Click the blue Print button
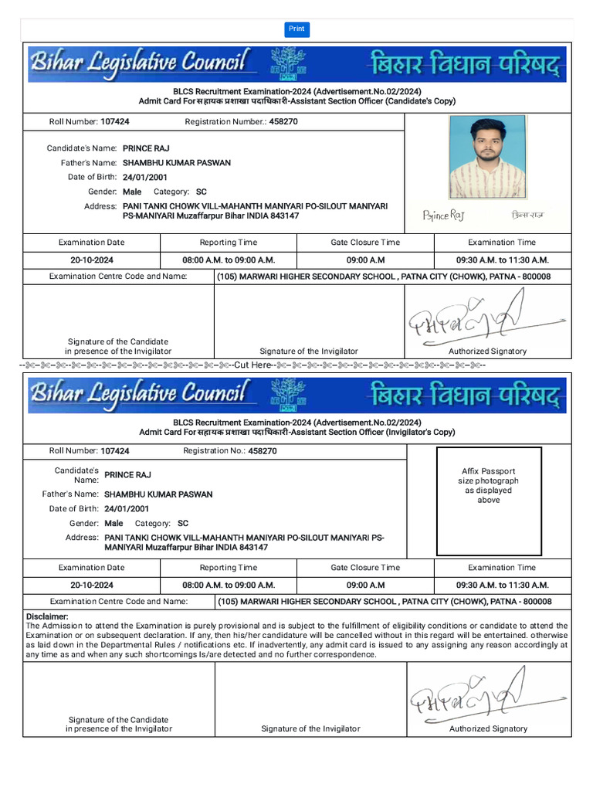coord(296,29)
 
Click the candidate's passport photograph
coord(488,158)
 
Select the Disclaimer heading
coord(47,616)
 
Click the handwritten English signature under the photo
coord(444,216)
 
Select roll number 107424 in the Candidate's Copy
coord(115,122)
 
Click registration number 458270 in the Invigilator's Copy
coord(263,450)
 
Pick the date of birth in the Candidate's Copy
coord(145,177)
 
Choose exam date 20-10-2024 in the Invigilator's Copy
coord(92,585)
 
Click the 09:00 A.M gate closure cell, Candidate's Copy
coord(365,260)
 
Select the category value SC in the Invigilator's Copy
coord(183,523)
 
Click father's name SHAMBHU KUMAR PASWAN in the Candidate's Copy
coord(176,163)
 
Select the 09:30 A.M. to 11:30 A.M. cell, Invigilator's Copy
coord(502,585)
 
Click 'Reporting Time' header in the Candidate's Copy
coord(229,243)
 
